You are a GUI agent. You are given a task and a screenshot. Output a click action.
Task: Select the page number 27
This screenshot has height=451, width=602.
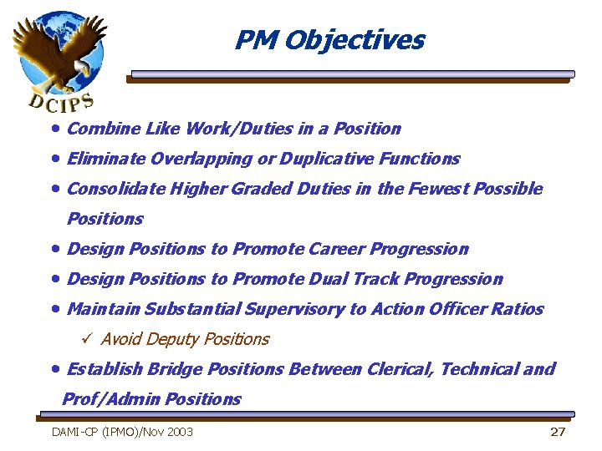coord(558,432)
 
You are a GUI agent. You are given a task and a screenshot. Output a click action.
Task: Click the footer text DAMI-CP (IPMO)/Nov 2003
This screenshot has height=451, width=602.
coord(122,432)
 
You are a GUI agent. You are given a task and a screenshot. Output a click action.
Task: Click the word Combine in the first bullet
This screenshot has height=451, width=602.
coord(93,129)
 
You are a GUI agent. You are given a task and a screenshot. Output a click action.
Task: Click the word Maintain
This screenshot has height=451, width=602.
coord(104,309)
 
